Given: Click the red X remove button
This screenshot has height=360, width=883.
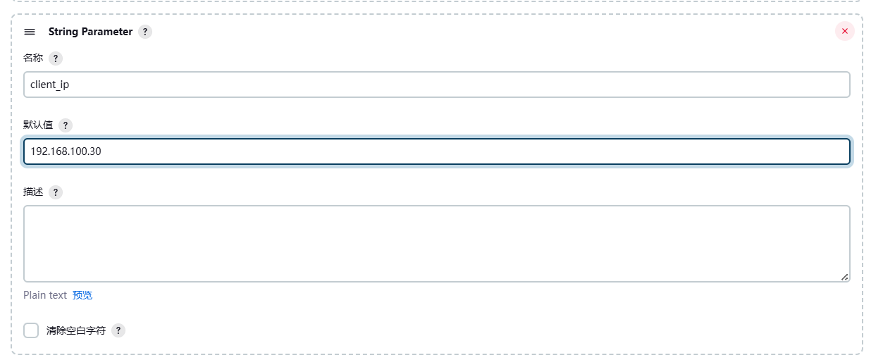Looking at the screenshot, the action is point(844,31).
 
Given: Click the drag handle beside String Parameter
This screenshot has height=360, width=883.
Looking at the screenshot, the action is point(30,32).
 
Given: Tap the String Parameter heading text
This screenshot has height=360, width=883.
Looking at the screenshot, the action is point(90,32).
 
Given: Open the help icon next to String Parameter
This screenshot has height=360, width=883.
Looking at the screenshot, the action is point(145,32).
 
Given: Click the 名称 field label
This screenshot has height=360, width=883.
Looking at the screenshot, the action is point(33,58).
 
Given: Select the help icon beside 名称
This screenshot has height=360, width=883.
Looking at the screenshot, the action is point(56,58).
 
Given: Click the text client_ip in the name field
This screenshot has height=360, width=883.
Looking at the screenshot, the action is point(49,85).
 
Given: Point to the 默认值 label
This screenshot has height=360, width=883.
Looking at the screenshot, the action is point(38,125).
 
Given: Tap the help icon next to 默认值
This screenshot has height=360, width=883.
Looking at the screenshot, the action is point(66,125).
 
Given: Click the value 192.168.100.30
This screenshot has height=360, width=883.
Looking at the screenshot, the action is point(66,151).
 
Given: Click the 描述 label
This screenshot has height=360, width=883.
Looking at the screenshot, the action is point(33,192).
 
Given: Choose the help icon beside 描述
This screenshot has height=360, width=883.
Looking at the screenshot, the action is point(56,192).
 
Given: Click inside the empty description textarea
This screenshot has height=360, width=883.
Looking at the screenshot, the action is point(436,243).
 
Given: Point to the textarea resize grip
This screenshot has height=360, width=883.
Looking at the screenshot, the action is point(844,277).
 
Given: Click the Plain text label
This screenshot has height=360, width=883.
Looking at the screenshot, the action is point(45,295).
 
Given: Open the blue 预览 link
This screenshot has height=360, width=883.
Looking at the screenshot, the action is point(82,295).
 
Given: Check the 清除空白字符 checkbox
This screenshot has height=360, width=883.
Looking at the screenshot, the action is point(31,330).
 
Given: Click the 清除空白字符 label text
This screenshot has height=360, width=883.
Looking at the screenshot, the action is point(75,330).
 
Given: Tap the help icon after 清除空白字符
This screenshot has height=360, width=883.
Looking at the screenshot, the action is point(118,330).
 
